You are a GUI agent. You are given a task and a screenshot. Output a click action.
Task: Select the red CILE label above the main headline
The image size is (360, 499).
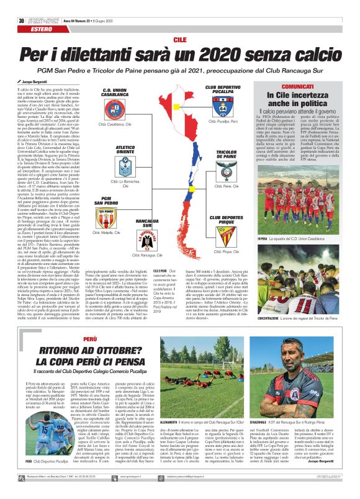180,39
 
